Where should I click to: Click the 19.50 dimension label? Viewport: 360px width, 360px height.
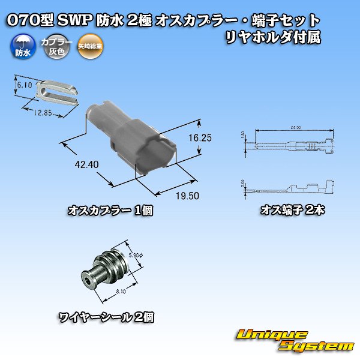pyautogui.click(x=187, y=196)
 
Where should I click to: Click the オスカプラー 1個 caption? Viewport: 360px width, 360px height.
pyautogui.click(x=101, y=211)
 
